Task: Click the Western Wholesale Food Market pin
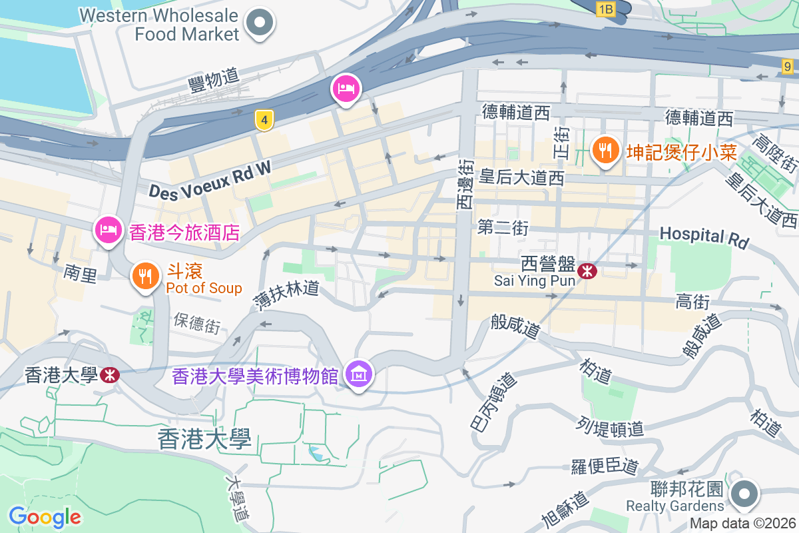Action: [x=260, y=24]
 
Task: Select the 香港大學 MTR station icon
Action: [x=110, y=375]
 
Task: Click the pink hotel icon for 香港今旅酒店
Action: [x=107, y=231]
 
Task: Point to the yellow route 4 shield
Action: [x=264, y=121]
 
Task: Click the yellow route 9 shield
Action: [x=788, y=66]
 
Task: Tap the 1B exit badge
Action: [x=605, y=9]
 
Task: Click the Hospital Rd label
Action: [x=704, y=237]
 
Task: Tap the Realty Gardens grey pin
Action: [x=744, y=495]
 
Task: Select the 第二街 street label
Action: [x=503, y=228]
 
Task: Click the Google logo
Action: [x=45, y=516]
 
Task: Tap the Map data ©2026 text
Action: [x=742, y=524]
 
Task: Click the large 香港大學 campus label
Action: [x=204, y=439]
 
